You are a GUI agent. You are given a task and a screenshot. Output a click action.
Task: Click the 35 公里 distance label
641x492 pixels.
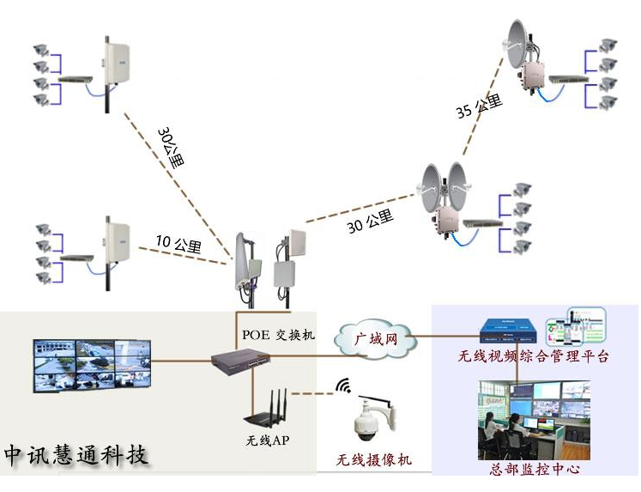tap(479, 107)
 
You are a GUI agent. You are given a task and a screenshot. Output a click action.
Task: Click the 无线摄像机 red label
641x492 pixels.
tap(374, 460)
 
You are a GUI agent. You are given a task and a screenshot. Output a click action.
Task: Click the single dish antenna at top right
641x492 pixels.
tap(520, 46)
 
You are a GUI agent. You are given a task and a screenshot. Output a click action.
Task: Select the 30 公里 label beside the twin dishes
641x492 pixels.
tap(370, 225)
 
